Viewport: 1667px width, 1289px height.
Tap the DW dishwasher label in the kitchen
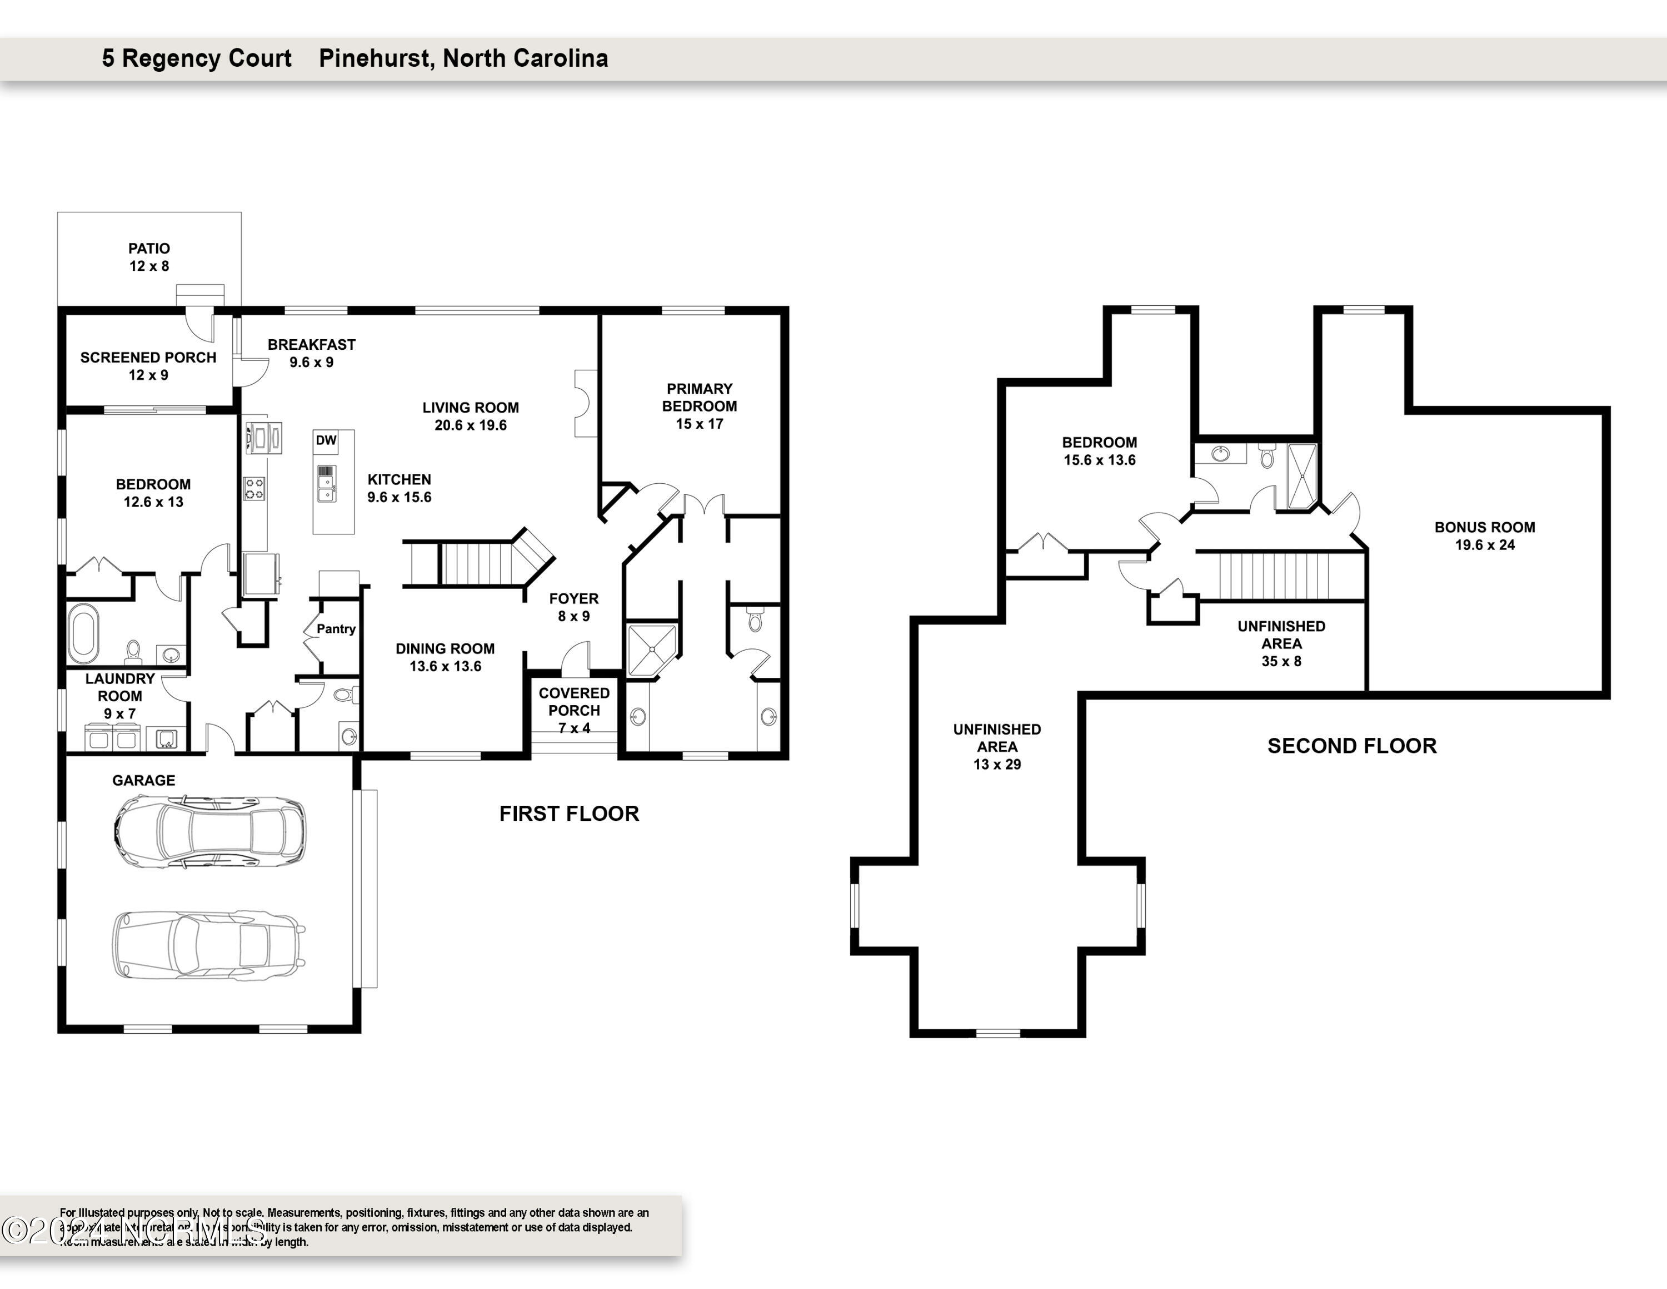pyautogui.click(x=326, y=440)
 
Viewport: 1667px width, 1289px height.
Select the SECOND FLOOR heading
pyautogui.click(x=1352, y=746)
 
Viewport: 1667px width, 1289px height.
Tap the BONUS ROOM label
pyautogui.click(x=1485, y=528)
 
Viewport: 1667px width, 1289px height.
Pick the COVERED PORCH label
pyautogui.click(x=574, y=702)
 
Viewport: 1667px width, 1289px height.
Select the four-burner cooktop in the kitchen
pyautogui.click(x=254, y=488)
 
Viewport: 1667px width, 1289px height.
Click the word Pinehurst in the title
pyautogui.click(x=376, y=58)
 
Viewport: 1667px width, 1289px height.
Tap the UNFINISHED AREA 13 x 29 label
pyautogui.click(x=997, y=747)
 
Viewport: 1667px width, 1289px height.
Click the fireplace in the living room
pyautogui.click(x=585, y=403)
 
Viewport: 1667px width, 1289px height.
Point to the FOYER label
pyautogui.click(x=574, y=599)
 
